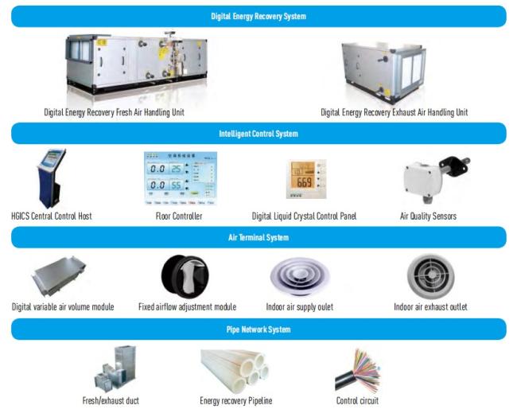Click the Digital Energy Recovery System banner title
click(x=258, y=16)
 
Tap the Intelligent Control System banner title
click(x=258, y=134)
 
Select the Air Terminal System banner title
click(x=258, y=237)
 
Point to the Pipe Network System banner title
click(x=258, y=329)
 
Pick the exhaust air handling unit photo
click(x=384, y=72)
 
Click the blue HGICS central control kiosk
click(x=52, y=178)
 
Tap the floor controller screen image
click(x=181, y=178)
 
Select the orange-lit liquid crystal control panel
click(x=306, y=179)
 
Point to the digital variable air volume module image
click(x=59, y=276)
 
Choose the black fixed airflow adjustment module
click(x=185, y=276)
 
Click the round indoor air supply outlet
click(x=300, y=276)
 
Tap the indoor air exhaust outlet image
click(x=430, y=276)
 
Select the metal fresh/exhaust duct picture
click(x=115, y=368)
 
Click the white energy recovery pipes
click(x=235, y=371)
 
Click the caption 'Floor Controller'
click(x=179, y=216)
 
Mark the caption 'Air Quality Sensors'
click(x=428, y=216)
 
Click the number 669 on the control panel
click(x=304, y=182)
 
